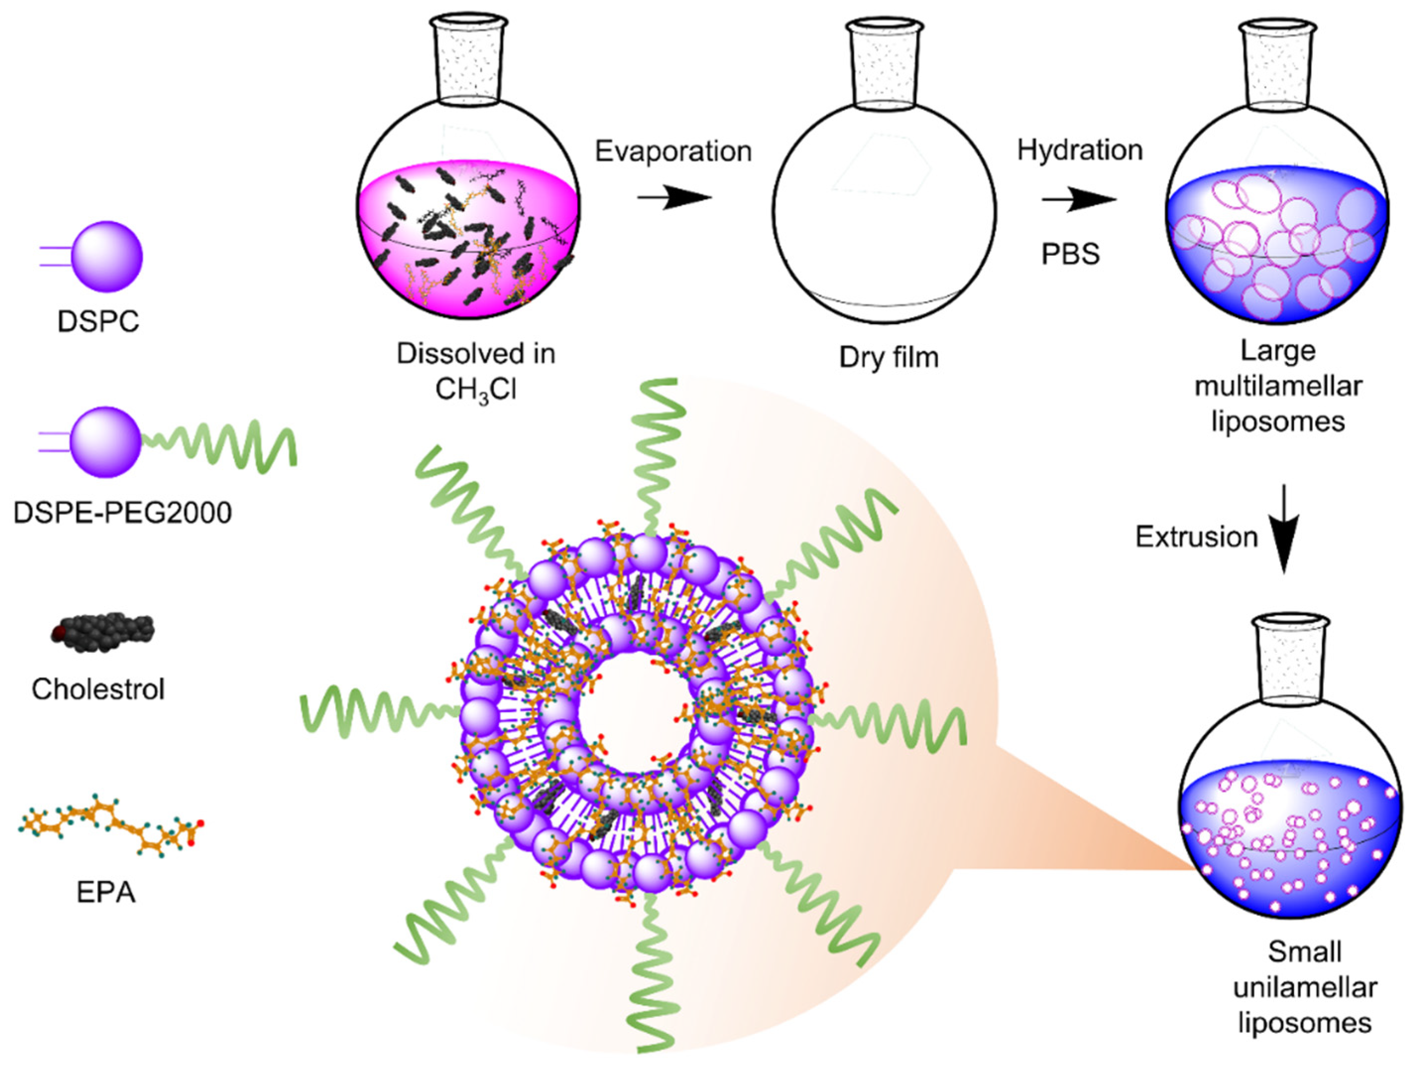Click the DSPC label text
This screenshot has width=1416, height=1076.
(x=98, y=321)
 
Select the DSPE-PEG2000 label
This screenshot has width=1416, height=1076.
(x=122, y=512)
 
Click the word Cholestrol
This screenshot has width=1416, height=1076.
(x=98, y=689)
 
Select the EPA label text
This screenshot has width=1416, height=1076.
(x=106, y=892)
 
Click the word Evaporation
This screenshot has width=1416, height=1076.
(x=673, y=152)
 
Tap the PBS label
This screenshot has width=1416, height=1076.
(x=1070, y=254)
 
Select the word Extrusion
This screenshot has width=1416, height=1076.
(x=1196, y=537)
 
